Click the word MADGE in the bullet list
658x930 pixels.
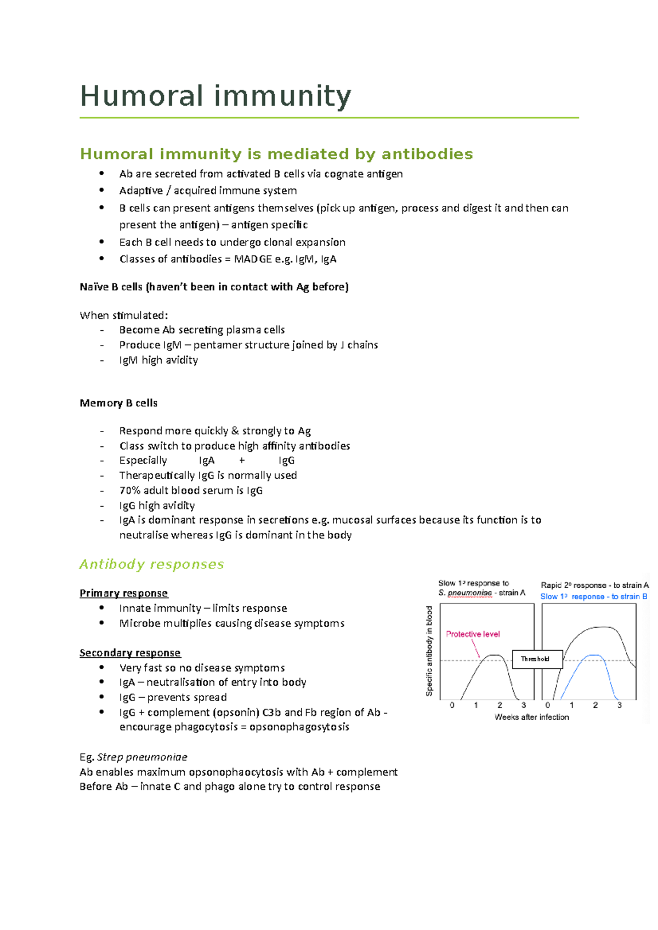pos(253,259)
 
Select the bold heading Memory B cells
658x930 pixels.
pos(118,403)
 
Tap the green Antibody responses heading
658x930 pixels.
pos(151,564)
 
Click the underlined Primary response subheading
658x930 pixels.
pos(123,593)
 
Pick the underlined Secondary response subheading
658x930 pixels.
pos(130,653)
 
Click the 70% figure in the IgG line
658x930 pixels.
pos(130,491)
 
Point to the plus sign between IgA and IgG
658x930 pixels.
pos(242,461)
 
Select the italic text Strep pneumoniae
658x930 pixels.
pos(142,757)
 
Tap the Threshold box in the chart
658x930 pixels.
pos(537,659)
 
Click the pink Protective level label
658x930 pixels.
pos(473,634)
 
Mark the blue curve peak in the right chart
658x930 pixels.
pos(594,655)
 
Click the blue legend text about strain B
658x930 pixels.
pos(593,597)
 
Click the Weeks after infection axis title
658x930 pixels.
pos(531,717)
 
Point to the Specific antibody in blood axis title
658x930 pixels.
pos(429,651)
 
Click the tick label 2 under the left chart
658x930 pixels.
pos(500,705)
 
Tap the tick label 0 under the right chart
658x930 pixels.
pos(547,705)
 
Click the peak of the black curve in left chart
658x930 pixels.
pos(495,655)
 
